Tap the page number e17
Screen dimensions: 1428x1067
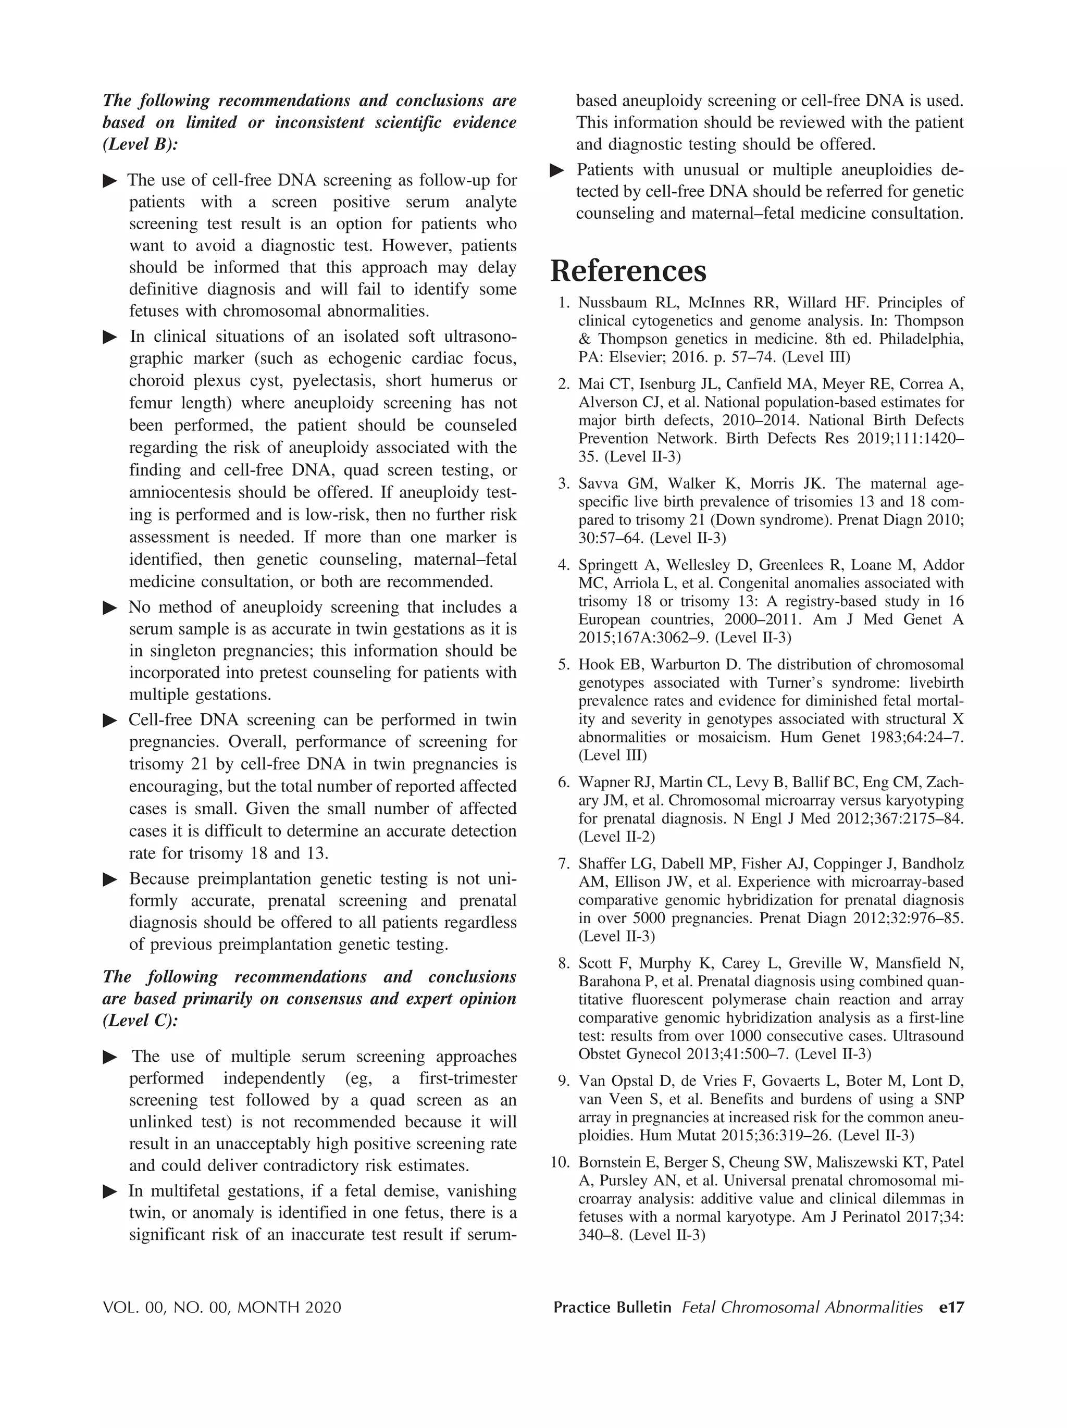point(951,1307)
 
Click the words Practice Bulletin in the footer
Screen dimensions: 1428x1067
point(612,1307)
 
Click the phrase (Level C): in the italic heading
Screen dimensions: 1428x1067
point(140,1021)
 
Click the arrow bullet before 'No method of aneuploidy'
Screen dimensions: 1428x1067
point(110,608)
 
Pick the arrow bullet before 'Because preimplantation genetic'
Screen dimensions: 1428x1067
point(110,879)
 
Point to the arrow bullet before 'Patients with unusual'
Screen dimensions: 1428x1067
point(557,170)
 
